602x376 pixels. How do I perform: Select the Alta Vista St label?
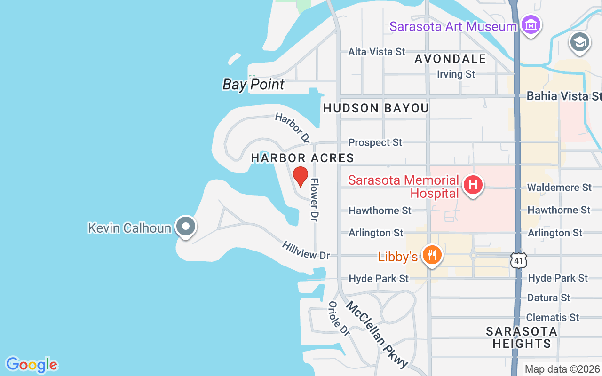coord(376,52)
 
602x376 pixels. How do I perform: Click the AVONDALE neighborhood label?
coord(450,59)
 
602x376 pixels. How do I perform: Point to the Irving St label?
coord(456,74)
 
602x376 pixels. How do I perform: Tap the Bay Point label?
coord(253,85)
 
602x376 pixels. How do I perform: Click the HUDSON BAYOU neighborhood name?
coord(376,108)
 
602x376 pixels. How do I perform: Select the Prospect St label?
coord(375,142)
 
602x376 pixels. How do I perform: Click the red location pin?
coord(301,176)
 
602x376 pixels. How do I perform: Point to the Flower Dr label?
coord(314,199)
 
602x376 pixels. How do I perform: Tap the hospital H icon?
coord(473,185)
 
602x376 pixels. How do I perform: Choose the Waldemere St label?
coord(559,188)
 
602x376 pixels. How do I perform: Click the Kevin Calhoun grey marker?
coord(186,227)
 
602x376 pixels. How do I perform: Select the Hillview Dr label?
coord(306,251)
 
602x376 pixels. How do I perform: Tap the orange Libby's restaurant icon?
coord(431,255)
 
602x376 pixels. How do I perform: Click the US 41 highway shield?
coord(519,260)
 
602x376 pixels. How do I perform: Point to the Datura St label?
coord(548,298)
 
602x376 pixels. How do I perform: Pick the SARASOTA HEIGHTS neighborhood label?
coord(521,337)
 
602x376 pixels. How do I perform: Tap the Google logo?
coord(32,365)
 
